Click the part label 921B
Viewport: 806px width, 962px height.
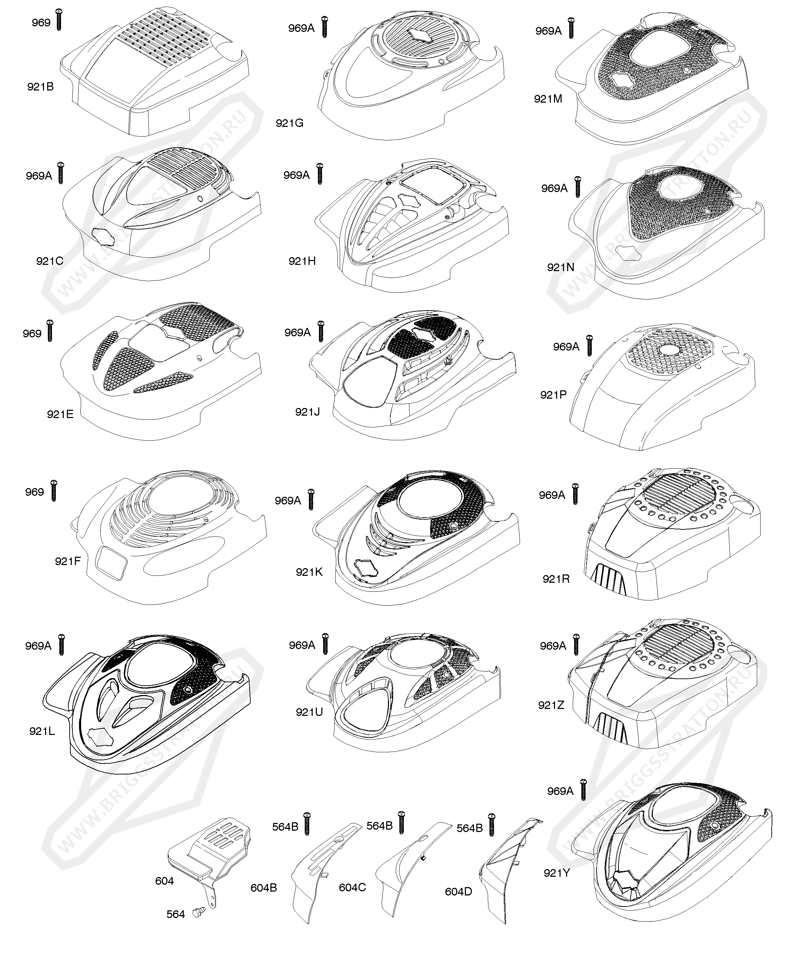point(40,87)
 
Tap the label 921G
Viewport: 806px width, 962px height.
point(289,123)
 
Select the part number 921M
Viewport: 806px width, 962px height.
point(548,98)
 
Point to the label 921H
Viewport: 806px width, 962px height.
point(302,261)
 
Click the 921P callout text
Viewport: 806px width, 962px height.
point(554,395)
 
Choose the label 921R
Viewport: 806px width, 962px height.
point(556,579)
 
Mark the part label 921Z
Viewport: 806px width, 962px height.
point(551,705)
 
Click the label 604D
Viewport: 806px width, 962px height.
point(458,892)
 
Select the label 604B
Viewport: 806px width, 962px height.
point(263,888)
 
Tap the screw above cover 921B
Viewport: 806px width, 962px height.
point(58,19)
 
